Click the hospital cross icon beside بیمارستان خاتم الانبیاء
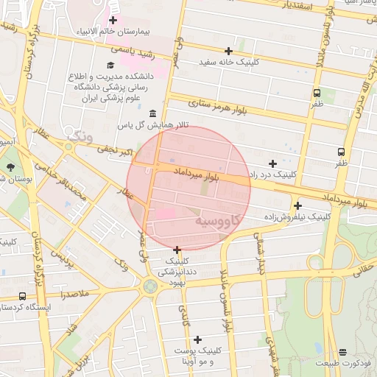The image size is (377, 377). (x=113, y=20)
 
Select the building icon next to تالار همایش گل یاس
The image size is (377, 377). (x=152, y=113)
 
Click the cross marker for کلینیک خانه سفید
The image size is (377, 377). (x=229, y=51)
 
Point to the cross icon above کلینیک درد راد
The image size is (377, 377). (x=273, y=163)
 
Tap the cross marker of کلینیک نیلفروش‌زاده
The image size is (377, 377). (x=297, y=205)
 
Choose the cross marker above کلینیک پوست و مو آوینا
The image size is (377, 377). (x=197, y=339)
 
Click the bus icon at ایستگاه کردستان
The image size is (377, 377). (x=23, y=296)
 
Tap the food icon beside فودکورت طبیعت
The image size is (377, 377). (x=343, y=353)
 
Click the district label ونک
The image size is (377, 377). (x=77, y=135)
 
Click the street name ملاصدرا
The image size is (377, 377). (x=75, y=293)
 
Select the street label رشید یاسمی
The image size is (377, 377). (x=133, y=52)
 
